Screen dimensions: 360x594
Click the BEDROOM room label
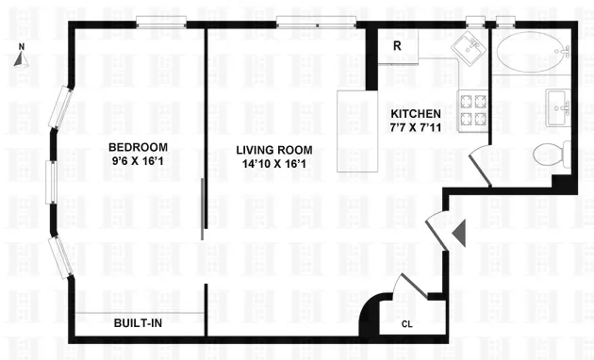coord(138,147)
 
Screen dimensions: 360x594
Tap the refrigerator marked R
coord(398,44)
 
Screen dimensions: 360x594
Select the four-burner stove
coord(470,110)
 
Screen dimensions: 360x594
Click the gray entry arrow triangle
coord(459,231)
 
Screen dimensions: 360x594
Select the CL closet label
coord(406,324)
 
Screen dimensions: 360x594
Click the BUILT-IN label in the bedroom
coord(138,323)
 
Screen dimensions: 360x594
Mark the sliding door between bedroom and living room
coord(203,208)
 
